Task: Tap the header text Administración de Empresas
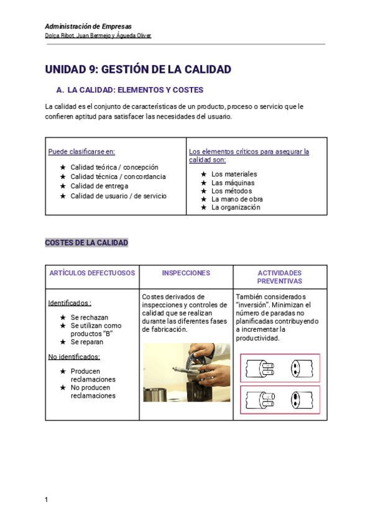(88, 27)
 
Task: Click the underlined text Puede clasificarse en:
(81, 152)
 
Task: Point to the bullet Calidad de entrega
(99, 186)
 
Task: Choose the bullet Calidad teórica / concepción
(114, 167)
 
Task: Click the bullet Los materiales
(234, 174)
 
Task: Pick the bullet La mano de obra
(237, 199)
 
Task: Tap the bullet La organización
(236, 208)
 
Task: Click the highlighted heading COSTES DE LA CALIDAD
(86, 242)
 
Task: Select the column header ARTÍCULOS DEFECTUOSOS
(92, 273)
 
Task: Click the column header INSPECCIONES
(186, 273)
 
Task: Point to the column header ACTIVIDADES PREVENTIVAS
(280, 277)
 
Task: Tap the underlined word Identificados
(68, 303)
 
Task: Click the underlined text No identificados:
(74, 357)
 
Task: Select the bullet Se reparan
(86, 342)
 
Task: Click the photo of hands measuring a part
(186, 372)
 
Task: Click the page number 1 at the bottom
(47, 500)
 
